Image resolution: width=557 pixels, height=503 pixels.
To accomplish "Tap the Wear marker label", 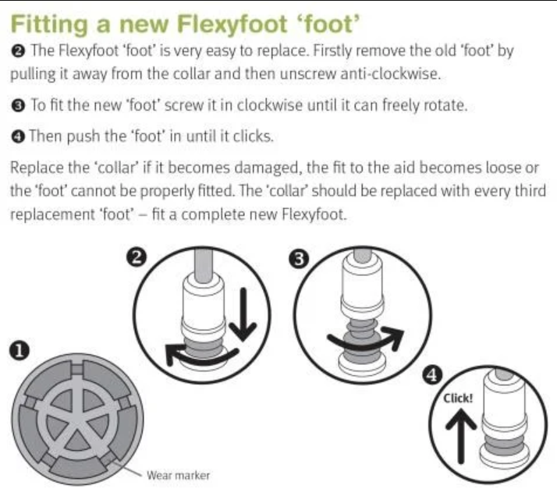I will (x=179, y=474).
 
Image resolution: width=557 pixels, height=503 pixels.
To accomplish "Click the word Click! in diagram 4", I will (x=458, y=398).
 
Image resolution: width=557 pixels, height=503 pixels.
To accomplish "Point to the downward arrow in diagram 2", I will (x=244, y=312).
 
